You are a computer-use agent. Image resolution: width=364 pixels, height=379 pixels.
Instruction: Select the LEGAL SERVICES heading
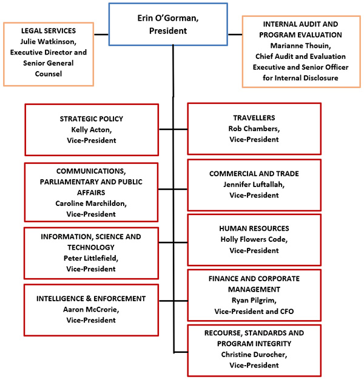click(48, 30)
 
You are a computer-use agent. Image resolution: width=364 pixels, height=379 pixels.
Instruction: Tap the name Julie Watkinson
click(48, 41)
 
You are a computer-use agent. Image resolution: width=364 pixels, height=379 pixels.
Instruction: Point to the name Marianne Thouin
click(302, 46)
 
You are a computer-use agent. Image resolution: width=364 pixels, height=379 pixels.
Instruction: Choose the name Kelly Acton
click(91, 129)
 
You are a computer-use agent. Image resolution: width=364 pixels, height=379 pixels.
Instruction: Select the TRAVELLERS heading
click(254, 117)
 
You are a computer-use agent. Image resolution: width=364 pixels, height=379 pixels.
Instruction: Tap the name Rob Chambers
click(254, 128)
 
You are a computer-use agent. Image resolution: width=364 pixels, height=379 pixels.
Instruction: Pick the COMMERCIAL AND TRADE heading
click(254, 174)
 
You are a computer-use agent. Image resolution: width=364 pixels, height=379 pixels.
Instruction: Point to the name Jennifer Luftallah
click(254, 185)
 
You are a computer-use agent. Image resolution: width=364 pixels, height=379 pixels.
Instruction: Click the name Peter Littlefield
click(91, 258)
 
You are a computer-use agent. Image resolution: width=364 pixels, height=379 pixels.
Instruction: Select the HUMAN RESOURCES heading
click(254, 228)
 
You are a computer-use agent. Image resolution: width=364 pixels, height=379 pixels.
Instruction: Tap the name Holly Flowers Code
click(254, 239)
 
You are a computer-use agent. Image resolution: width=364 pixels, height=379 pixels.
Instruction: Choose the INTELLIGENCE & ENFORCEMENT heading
click(91, 298)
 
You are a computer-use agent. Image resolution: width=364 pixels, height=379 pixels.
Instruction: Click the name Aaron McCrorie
click(91, 309)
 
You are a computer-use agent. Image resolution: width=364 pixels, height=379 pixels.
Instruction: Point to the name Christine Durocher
click(254, 354)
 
